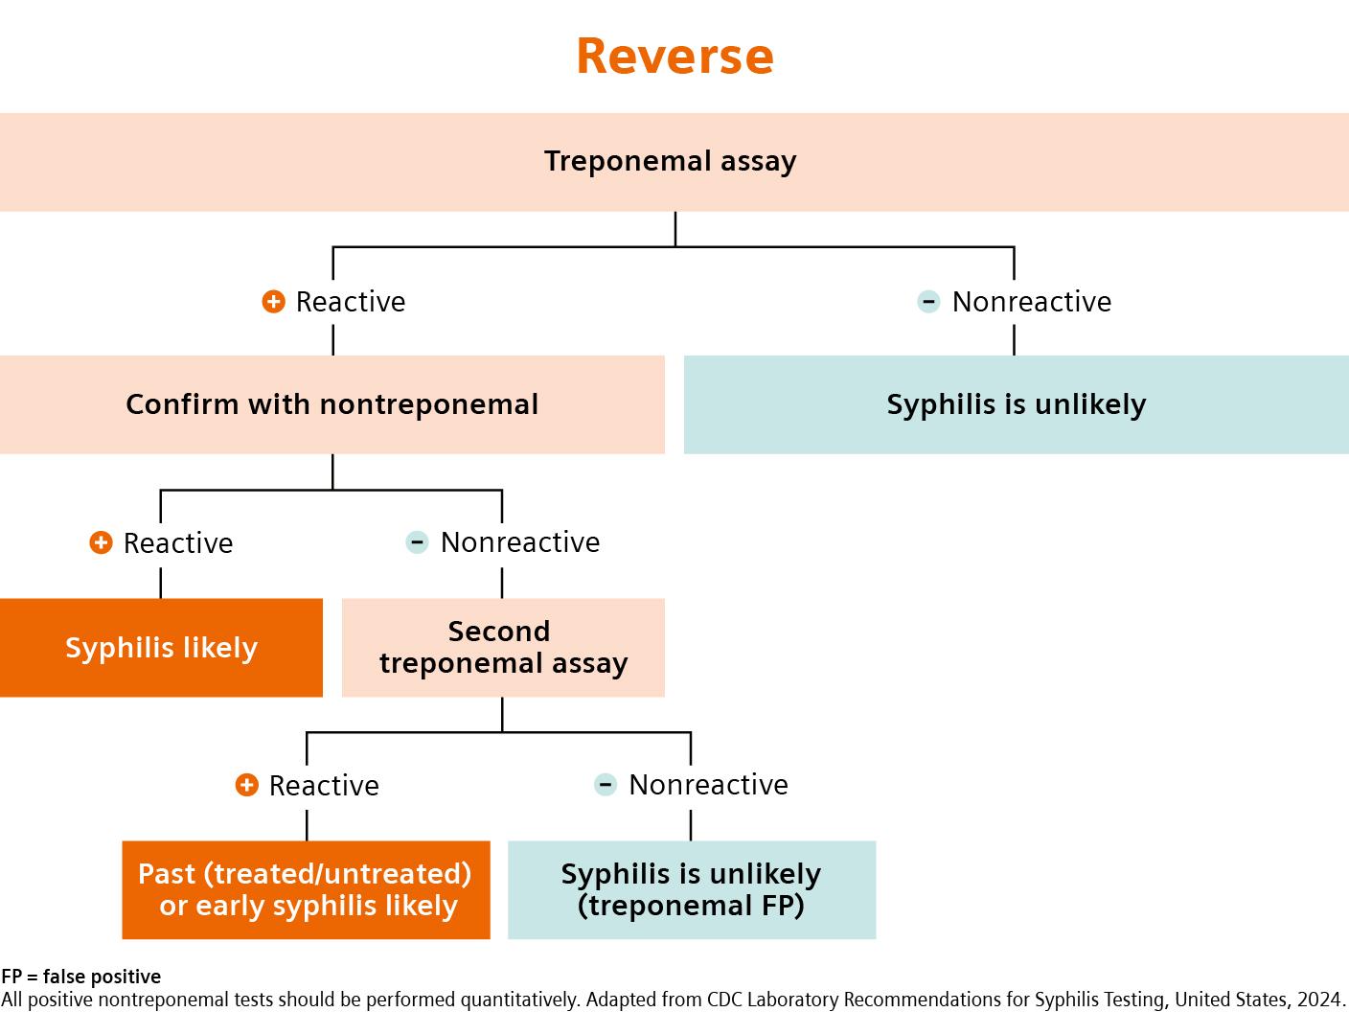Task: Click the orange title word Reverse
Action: (x=674, y=56)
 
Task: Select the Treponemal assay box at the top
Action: (x=671, y=161)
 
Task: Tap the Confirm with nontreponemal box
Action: (x=332, y=404)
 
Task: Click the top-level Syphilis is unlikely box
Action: (x=1016, y=404)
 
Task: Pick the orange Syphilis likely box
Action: (x=161, y=648)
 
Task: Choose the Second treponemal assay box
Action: (x=503, y=648)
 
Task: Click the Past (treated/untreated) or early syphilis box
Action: (x=306, y=889)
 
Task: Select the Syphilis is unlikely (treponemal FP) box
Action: (x=691, y=889)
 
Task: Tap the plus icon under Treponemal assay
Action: (x=273, y=302)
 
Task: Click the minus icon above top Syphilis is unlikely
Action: (x=928, y=302)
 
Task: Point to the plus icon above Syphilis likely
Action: (x=101, y=543)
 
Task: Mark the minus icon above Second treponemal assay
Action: (x=417, y=542)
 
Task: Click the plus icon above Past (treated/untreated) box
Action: (x=246, y=786)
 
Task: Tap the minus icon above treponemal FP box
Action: (x=606, y=785)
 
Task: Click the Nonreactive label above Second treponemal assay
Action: (x=520, y=542)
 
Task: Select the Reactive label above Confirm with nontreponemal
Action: (x=351, y=302)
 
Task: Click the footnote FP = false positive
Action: (x=81, y=977)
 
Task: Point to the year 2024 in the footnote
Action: (x=1320, y=1000)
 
